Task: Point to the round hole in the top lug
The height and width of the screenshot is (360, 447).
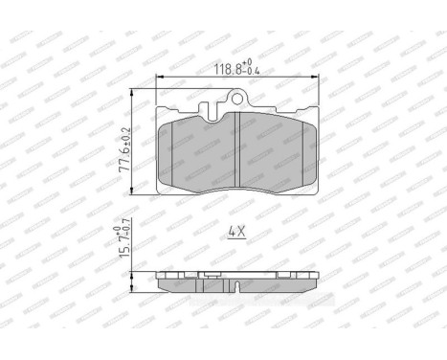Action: tap(236, 98)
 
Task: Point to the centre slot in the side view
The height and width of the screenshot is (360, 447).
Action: tap(236, 285)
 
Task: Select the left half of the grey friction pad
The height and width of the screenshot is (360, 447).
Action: tap(199, 153)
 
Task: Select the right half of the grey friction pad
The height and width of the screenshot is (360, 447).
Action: tap(275, 153)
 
